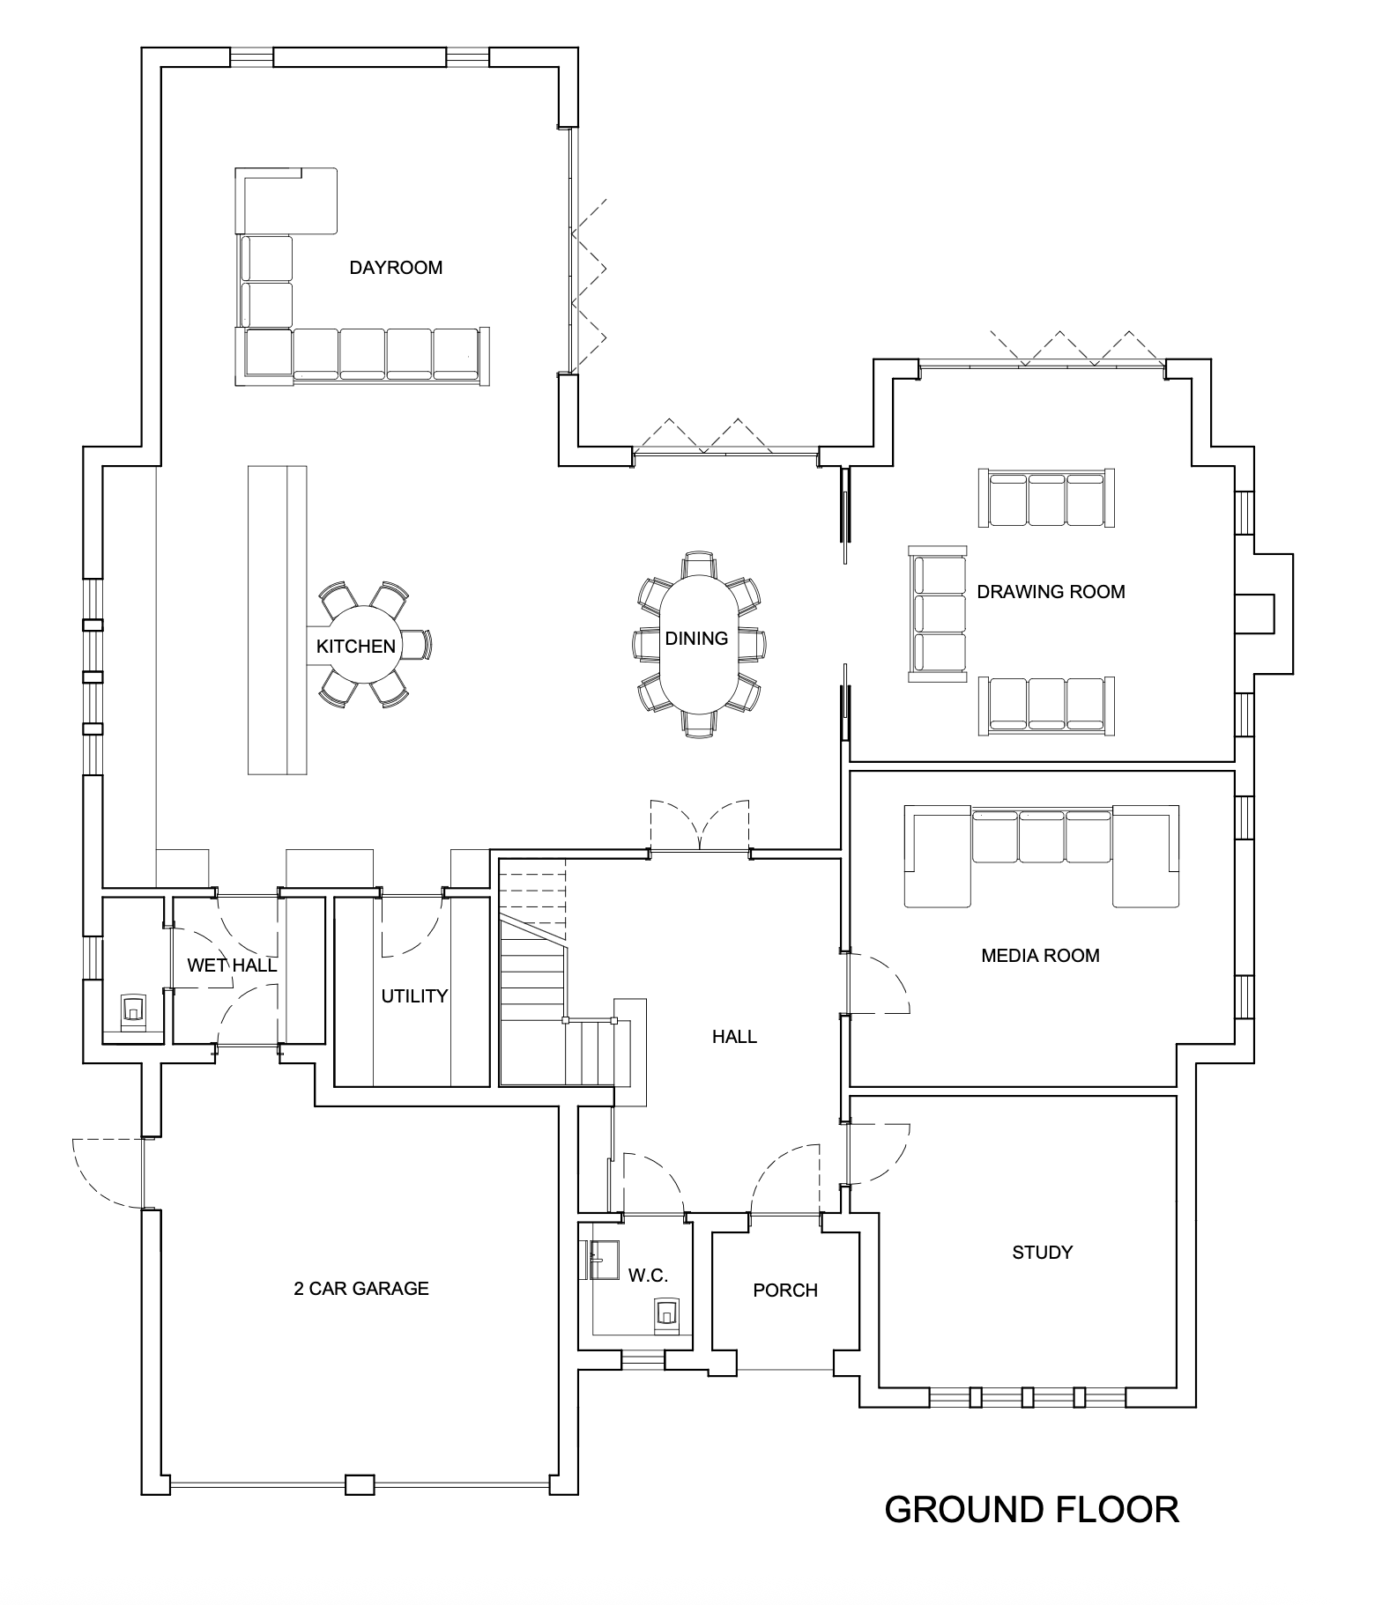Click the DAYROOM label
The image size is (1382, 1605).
(396, 268)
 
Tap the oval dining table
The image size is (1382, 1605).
(696, 643)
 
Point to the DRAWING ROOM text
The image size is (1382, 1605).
(1051, 592)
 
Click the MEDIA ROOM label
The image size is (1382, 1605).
(1040, 956)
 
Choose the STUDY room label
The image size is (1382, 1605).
(1042, 1253)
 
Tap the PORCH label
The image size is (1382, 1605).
(785, 1291)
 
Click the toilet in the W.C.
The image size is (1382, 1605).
(667, 1313)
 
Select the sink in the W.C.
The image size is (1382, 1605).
(601, 1260)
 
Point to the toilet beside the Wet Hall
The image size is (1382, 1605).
(133, 1010)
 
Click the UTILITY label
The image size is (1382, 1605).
(414, 996)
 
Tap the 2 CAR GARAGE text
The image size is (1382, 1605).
(361, 1289)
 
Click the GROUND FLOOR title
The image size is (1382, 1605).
(1031, 1509)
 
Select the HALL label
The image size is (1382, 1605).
(734, 1037)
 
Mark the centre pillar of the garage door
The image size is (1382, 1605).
(360, 1485)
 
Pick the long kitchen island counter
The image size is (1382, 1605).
(278, 620)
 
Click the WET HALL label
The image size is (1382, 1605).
(232, 965)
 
